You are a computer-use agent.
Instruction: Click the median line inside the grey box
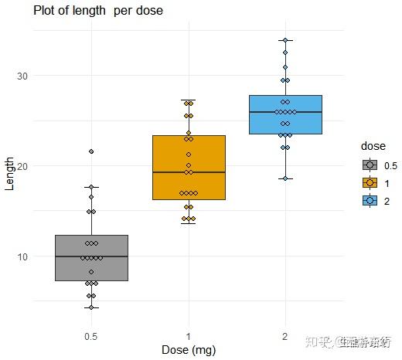tap(91, 256)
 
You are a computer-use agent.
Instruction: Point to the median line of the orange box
tap(189, 172)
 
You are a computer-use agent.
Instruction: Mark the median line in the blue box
tap(285, 113)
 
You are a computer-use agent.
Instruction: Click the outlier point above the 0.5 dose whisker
tap(91, 151)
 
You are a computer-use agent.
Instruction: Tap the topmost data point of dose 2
tap(285, 40)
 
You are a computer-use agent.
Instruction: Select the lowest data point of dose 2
tap(285, 178)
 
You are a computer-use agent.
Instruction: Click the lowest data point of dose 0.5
tap(91, 307)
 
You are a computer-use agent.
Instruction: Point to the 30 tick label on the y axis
tap(21, 76)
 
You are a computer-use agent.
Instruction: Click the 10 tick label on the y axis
tap(21, 256)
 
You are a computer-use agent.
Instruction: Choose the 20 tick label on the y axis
tap(21, 166)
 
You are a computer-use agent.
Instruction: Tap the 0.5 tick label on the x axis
tap(91, 337)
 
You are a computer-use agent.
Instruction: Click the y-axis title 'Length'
tap(9, 174)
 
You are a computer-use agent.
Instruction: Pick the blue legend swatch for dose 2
tap(370, 200)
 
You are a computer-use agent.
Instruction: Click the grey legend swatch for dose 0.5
tap(370, 165)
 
